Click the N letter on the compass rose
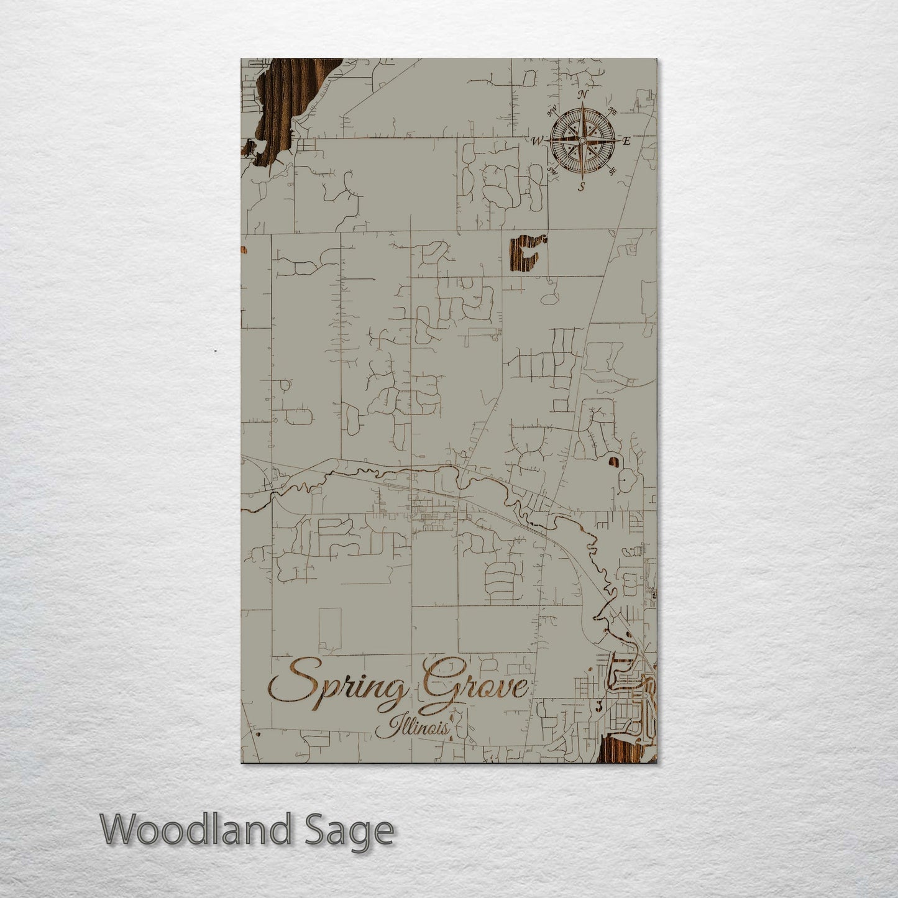582,94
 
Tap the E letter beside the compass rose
626,141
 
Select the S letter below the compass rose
582,186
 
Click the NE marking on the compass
612,112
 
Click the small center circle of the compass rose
582,141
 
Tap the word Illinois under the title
413,728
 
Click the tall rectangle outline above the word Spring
330,628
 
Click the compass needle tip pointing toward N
582,106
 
